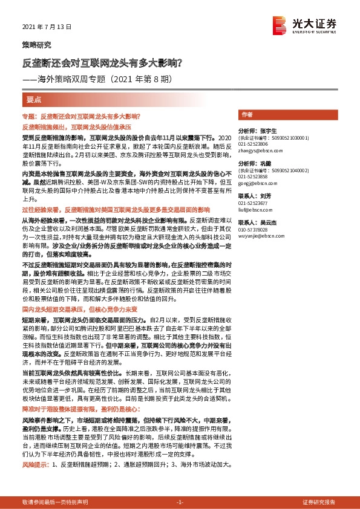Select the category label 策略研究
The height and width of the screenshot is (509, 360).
[x=36, y=45]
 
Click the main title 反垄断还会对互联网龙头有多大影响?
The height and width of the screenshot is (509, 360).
[x=102, y=62]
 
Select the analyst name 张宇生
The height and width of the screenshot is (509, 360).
[x=267, y=130]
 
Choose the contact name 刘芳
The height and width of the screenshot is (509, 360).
[x=264, y=196]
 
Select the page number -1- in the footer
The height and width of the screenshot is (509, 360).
[x=179, y=502]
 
